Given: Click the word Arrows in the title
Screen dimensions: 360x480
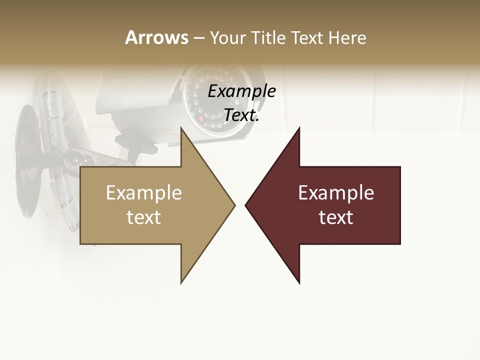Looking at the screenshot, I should (156, 37).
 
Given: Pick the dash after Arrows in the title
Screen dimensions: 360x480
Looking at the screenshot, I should (198, 38).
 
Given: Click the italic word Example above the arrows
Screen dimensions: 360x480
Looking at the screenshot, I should (241, 91).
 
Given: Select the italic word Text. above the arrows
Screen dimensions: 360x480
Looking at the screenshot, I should (241, 115).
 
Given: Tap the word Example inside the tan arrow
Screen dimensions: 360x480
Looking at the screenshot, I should (144, 193).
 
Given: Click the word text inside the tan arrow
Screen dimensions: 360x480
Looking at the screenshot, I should (144, 217).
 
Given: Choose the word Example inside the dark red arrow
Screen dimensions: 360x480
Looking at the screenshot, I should (336, 193).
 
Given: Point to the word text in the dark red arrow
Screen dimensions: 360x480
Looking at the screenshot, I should (336, 217).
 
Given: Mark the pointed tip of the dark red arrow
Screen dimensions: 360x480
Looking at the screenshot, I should (246, 205).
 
